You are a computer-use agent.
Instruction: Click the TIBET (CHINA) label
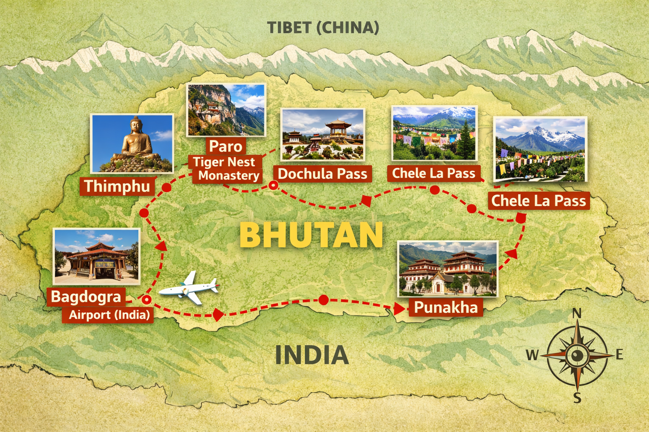click(x=323, y=28)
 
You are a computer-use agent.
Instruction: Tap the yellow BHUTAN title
click(x=311, y=235)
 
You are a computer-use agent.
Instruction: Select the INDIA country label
click(x=312, y=355)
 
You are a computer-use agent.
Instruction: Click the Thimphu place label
click(x=117, y=186)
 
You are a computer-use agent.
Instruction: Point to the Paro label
click(x=226, y=146)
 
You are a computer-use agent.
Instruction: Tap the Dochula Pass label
click(x=322, y=173)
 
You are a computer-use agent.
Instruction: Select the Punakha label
click(x=445, y=307)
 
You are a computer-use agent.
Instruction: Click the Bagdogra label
click(x=86, y=297)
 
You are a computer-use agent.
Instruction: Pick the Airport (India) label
click(x=109, y=315)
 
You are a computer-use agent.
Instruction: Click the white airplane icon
click(x=190, y=288)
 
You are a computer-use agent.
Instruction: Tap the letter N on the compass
click(x=577, y=313)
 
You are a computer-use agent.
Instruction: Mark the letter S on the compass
click(x=577, y=397)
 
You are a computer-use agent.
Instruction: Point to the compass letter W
click(x=532, y=355)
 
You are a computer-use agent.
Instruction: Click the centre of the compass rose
click(x=577, y=356)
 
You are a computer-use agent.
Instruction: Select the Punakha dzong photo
click(x=448, y=269)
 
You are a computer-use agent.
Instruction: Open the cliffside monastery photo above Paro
click(x=226, y=110)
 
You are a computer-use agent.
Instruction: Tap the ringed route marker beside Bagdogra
click(x=146, y=300)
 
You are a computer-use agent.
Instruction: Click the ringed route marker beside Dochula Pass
click(x=274, y=185)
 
